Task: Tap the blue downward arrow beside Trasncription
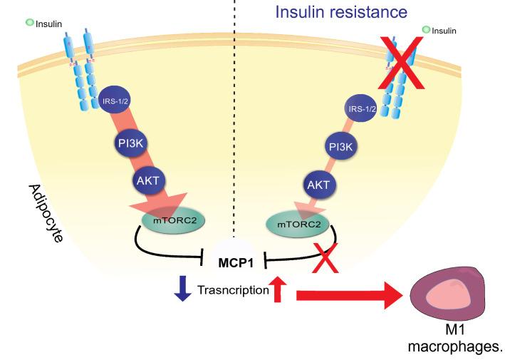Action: [182, 289]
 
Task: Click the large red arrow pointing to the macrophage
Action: [349, 294]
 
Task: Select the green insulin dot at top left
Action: [30, 23]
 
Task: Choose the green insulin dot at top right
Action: [427, 30]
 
